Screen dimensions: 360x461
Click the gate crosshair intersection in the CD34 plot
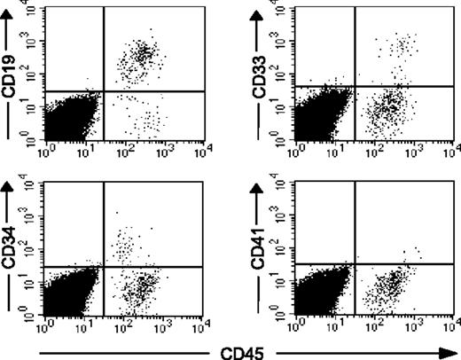pyautogui.click(x=105, y=265)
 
